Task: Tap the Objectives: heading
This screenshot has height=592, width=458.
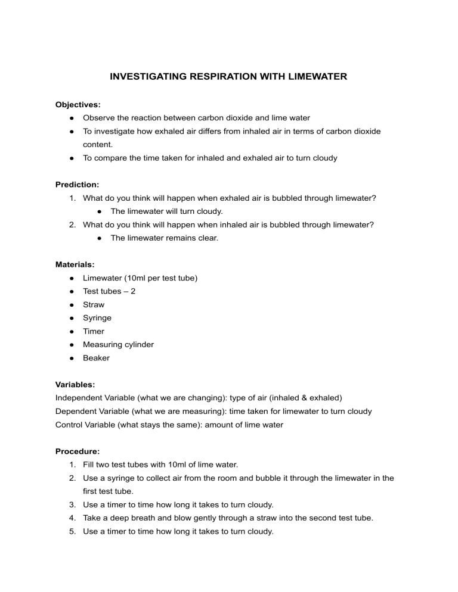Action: [x=78, y=104]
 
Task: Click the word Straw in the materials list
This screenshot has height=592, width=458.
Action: [x=94, y=304]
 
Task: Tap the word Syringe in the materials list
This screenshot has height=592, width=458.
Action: [x=97, y=318]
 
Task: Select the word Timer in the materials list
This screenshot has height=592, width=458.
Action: [x=94, y=331]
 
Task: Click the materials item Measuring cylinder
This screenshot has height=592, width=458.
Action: [x=118, y=345]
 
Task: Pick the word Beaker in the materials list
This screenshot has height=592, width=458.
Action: [x=97, y=358]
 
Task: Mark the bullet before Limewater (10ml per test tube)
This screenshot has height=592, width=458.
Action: [x=72, y=278]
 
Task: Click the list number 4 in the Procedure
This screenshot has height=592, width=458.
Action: [x=73, y=518]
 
